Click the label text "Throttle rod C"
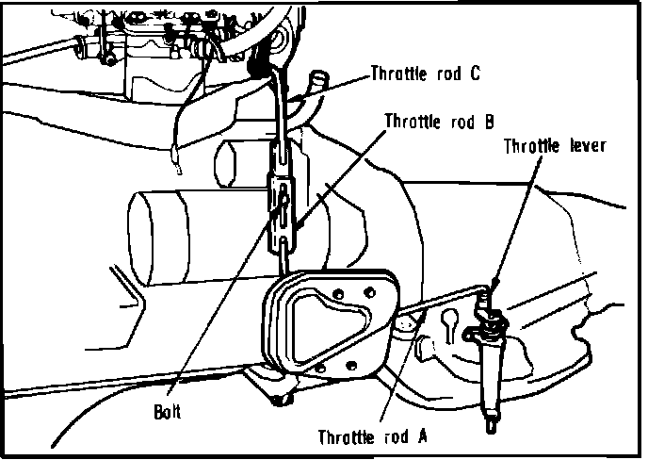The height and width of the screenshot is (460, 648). point(426,74)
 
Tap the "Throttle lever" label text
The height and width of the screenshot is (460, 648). point(554,146)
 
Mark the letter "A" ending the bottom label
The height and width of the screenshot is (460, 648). point(423,436)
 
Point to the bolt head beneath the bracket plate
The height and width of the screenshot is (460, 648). point(279,401)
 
